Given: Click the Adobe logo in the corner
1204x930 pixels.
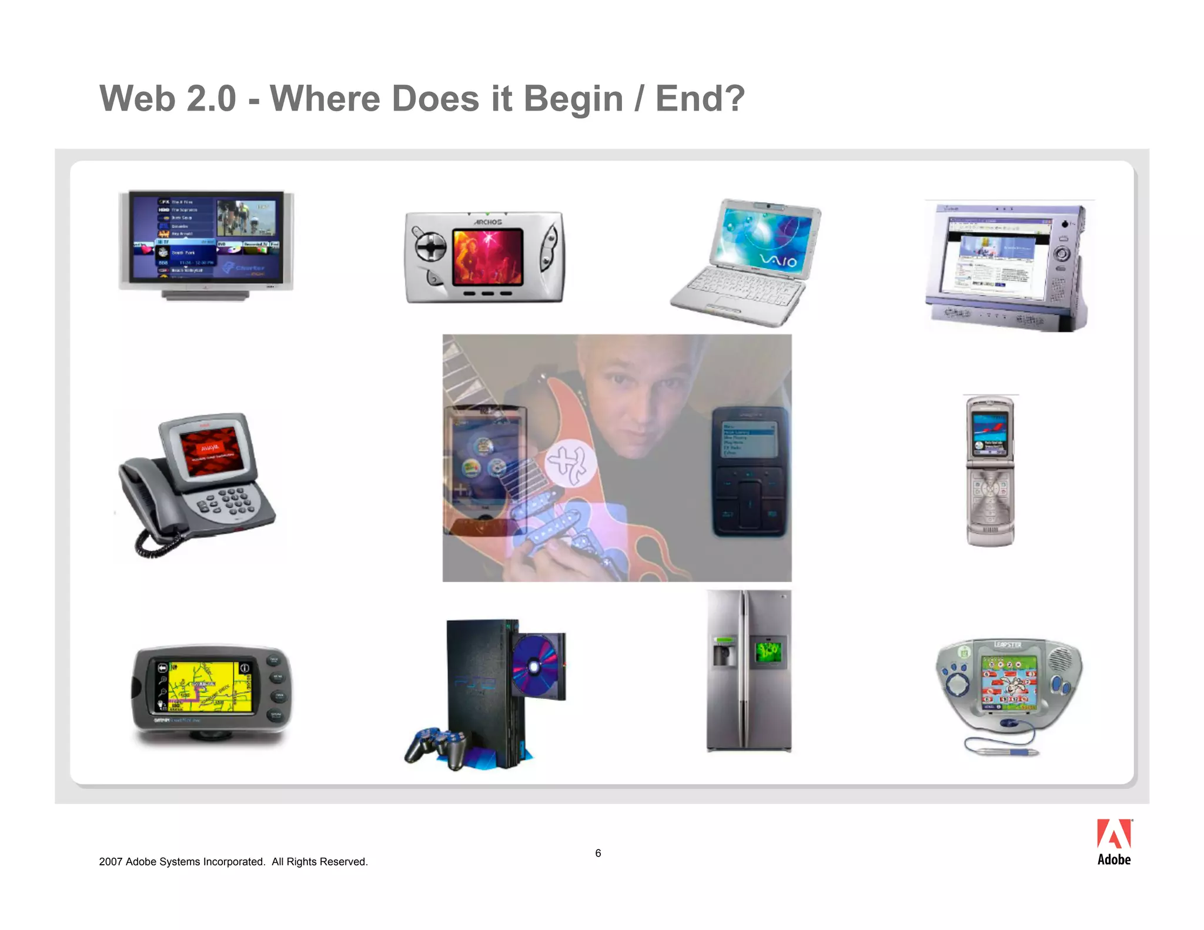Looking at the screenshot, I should (x=1113, y=842).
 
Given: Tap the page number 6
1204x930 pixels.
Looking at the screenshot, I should (x=598, y=853).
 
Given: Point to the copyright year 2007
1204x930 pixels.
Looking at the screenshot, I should (x=111, y=862).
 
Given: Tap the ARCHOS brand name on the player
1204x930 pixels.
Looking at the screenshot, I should (x=488, y=222).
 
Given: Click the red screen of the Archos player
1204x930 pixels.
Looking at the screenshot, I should (x=487, y=257).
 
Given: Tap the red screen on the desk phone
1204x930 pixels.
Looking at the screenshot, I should (x=211, y=451).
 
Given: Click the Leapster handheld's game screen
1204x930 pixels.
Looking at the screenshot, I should (x=1008, y=682).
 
